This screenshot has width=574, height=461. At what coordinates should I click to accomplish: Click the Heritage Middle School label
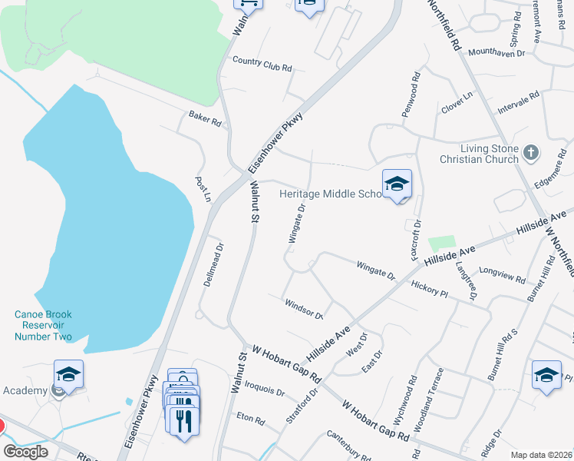331,194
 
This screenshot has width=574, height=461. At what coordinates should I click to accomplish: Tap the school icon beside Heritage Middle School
397,184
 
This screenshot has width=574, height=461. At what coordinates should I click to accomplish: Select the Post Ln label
203,189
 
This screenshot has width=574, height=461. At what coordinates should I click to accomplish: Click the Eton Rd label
250,421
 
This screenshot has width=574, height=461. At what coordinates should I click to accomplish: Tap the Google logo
25,452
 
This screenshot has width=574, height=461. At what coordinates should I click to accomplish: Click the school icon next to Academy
68,374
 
